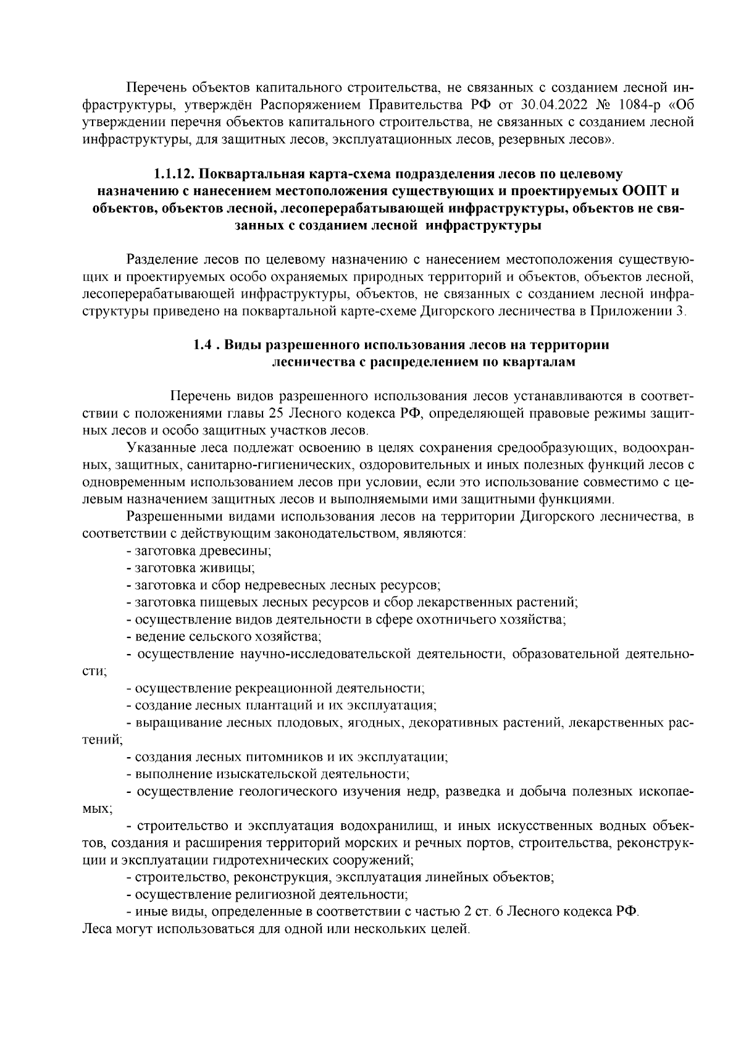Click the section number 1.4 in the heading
[204, 345]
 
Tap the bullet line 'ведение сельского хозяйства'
[224, 635]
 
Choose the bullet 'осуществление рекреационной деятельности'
[275, 687]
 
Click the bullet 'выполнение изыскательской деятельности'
[268, 773]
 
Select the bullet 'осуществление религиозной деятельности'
[267, 894]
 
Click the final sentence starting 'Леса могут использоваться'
[275, 928]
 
